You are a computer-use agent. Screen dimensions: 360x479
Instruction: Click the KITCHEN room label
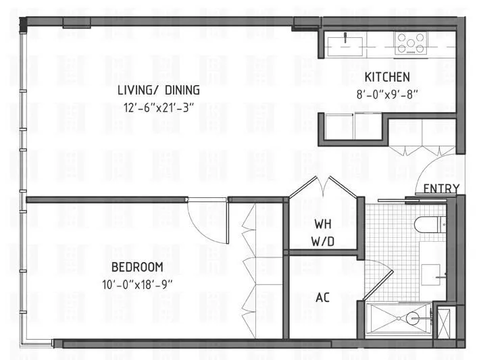(387, 77)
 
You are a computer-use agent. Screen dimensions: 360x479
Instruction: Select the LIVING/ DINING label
(159, 90)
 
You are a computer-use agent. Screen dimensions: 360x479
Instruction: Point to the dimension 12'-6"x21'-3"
(159, 107)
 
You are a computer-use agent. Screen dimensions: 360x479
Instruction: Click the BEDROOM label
(137, 267)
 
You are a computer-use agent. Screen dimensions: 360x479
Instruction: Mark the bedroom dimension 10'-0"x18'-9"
(137, 284)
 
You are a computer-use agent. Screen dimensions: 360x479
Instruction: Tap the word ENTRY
(442, 188)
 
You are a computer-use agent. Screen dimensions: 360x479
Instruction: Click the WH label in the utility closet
(322, 224)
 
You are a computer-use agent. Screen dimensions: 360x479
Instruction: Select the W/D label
(322, 240)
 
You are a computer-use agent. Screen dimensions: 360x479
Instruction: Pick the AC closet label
(323, 297)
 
